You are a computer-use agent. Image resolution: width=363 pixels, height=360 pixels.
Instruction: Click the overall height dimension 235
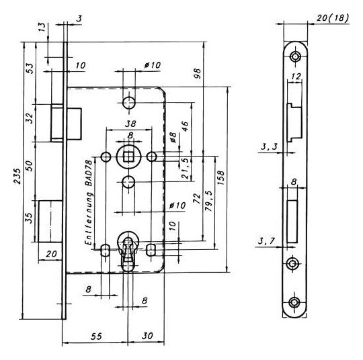[x=17, y=176]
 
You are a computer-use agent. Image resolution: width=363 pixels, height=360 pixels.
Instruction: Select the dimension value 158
[x=221, y=177]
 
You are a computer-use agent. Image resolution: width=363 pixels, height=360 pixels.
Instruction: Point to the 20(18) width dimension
[x=332, y=17]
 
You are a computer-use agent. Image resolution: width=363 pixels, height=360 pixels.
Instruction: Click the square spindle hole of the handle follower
[x=128, y=157]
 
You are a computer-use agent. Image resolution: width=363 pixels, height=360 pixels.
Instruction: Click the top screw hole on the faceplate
[x=295, y=56]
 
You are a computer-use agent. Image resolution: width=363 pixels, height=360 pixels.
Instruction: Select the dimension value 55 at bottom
[x=96, y=336]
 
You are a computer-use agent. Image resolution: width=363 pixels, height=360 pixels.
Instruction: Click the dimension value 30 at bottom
[x=147, y=336]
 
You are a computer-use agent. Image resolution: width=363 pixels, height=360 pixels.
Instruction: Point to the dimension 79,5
[x=209, y=201]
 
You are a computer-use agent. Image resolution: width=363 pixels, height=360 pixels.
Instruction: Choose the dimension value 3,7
[x=266, y=241]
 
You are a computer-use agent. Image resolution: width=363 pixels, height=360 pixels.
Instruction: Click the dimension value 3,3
[x=269, y=146]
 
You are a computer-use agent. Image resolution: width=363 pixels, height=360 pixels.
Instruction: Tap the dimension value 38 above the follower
[x=130, y=124]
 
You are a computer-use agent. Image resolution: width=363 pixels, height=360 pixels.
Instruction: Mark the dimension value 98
[x=198, y=74]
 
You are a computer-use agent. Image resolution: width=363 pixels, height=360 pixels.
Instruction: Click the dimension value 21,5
[x=186, y=169]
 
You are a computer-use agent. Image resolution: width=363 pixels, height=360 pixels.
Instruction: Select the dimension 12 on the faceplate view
[x=296, y=76]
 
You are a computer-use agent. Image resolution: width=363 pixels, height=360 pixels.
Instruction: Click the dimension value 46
[x=186, y=126]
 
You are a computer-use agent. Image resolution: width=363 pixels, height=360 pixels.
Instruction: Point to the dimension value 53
[x=30, y=69]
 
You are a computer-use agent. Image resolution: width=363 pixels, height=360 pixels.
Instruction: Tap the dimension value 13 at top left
[x=42, y=27]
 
